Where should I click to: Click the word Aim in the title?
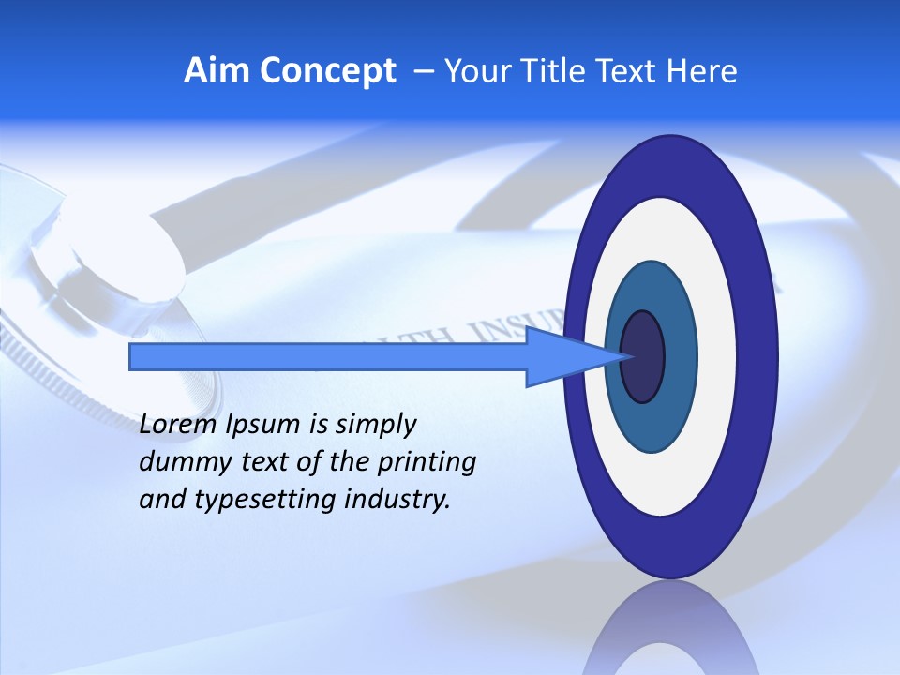click(x=217, y=71)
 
